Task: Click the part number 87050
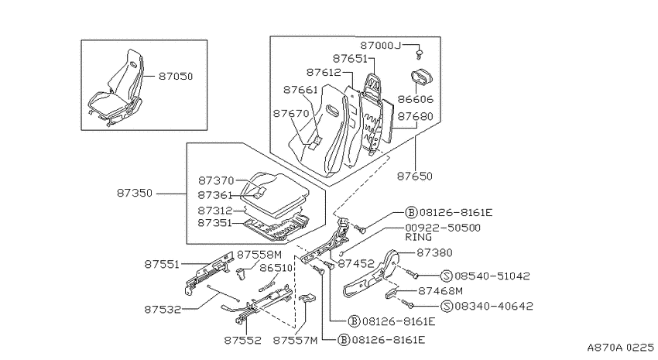click(176, 77)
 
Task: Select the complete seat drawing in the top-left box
click(115, 87)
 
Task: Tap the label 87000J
click(381, 46)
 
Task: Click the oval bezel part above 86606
click(421, 79)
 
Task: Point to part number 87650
click(415, 176)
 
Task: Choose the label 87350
click(134, 193)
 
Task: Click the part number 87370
click(216, 181)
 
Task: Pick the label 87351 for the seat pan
click(214, 223)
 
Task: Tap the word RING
click(418, 237)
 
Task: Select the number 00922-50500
click(443, 228)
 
